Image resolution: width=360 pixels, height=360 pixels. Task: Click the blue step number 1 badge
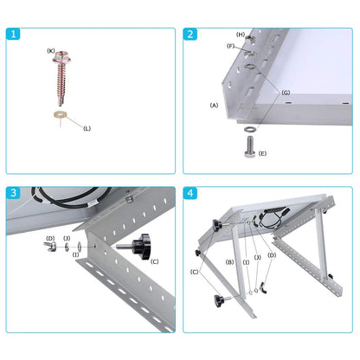tap(13, 35)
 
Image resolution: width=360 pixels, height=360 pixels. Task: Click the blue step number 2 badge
tap(190, 35)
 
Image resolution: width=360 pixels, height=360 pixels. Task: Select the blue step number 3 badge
tap(13, 193)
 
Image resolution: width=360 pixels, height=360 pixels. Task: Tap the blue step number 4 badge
tap(190, 193)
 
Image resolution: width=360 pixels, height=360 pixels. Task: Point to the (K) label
tap(51, 51)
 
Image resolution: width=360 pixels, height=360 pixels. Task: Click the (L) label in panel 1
tap(87, 129)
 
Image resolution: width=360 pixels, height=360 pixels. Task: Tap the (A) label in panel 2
tap(214, 105)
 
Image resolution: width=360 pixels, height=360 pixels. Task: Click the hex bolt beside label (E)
tap(247, 148)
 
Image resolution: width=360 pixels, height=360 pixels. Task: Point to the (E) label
tap(263, 153)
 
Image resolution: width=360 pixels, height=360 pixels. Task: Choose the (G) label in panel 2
tap(286, 93)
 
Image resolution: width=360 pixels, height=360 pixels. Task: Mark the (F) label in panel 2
tap(230, 46)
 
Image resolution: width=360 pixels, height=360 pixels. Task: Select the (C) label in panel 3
tap(154, 260)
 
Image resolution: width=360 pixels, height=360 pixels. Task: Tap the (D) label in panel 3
tap(50, 238)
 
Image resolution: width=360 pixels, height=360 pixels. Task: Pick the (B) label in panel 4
tap(229, 261)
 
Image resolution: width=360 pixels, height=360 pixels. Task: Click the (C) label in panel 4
tap(194, 271)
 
